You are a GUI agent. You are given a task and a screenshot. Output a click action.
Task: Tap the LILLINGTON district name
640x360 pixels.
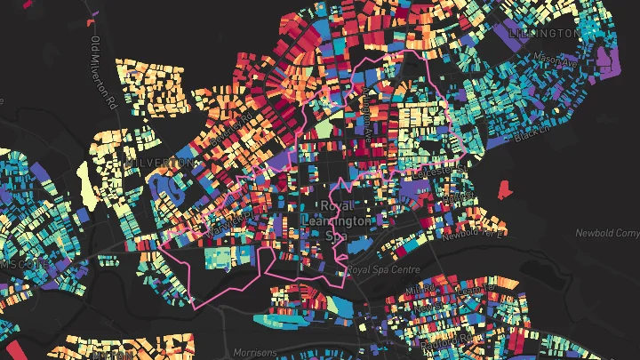(545, 33)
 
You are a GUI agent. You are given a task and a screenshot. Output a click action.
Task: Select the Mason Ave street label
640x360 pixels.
(556, 61)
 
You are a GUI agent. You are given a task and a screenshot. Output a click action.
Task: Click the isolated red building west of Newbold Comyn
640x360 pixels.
(503, 188)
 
